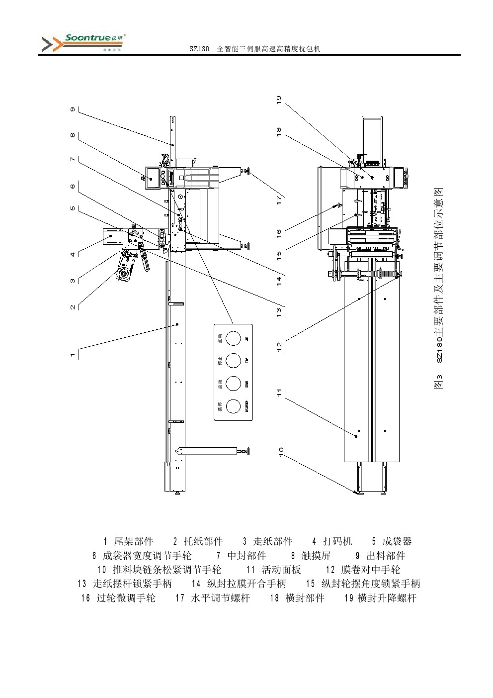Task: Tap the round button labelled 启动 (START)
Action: pyautogui.click(x=233, y=384)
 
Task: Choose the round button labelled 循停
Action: pyautogui.click(x=233, y=406)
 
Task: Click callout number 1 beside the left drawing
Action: pyautogui.click(x=73, y=355)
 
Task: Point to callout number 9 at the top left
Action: pyautogui.click(x=73, y=109)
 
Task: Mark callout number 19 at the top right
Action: pyautogui.click(x=279, y=100)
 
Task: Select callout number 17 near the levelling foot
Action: pyautogui.click(x=279, y=199)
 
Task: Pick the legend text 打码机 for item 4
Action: pyautogui.click(x=337, y=541)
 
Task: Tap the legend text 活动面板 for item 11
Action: pyautogui.click(x=281, y=570)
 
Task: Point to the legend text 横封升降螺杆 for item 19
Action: pyautogui.click(x=387, y=598)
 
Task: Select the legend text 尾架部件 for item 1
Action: pyautogui.click(x=134, y=541)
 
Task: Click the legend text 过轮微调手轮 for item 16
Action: pyautogui.click(x=126, y=598)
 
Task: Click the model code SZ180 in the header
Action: pyautogui.click(x=199, y=49)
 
